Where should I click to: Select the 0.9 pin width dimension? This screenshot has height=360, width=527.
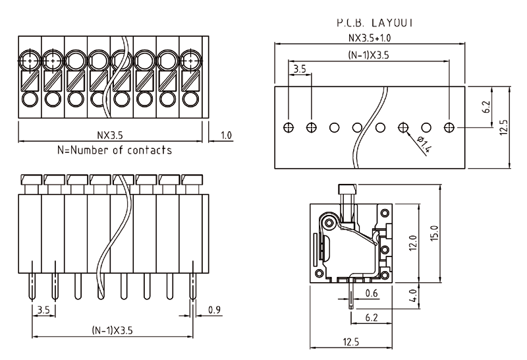click(x=214, y=310)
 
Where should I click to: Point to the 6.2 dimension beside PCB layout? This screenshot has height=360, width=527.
click(x=486, y=107)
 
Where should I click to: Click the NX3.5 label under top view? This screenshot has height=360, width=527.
click(x=110, y=135)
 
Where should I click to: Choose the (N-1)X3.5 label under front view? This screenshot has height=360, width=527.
click(x=112, y=331)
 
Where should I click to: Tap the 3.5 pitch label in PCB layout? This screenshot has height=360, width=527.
click(x=299, y=69)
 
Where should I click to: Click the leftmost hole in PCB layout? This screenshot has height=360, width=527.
click(x=289, y=127)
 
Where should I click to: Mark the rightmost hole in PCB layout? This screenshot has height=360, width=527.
click(x=450, y=127)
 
